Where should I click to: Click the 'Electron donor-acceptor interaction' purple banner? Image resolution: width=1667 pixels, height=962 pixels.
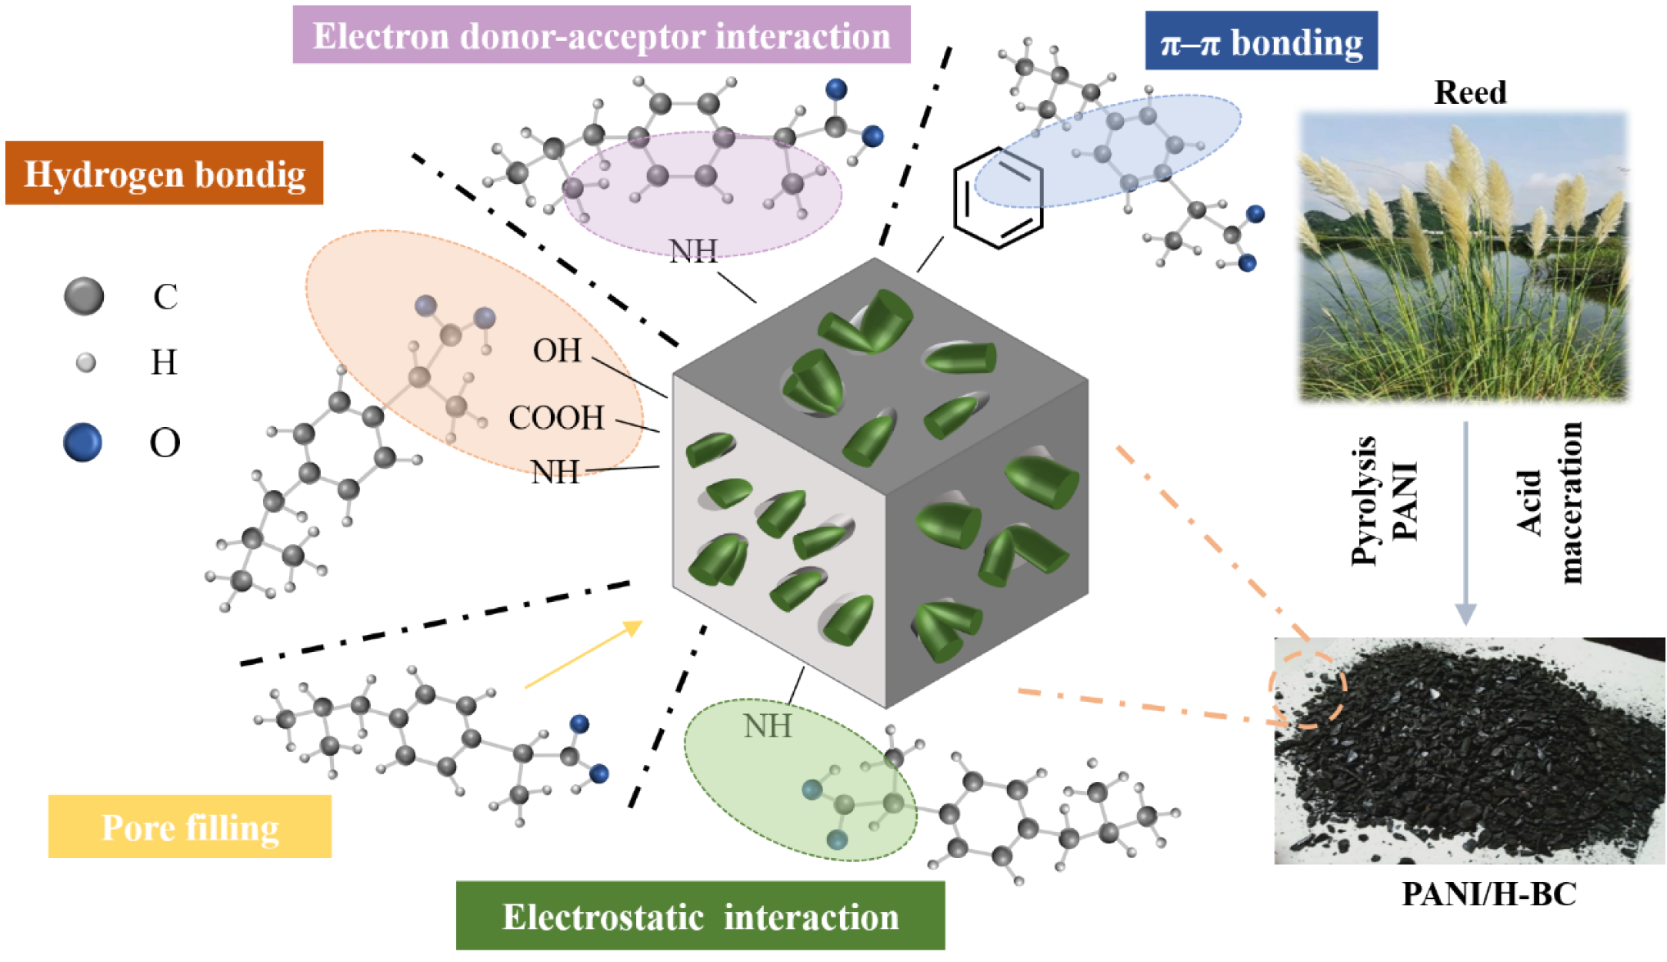[602, 35]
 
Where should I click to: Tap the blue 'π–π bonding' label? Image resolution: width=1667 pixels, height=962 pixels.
[1261, 42]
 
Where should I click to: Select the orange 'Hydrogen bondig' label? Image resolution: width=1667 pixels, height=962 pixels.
[164, 173]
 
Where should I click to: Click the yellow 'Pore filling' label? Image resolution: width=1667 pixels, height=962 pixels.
[190, 827]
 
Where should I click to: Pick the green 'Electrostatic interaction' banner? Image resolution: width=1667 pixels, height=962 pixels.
[700, 916]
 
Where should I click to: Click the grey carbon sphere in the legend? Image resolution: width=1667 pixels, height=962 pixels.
[84, 296]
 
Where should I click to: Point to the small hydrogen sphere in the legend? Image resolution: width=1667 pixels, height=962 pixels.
[86, 362]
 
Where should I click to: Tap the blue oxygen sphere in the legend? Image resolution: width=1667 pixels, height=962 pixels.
[82, 443]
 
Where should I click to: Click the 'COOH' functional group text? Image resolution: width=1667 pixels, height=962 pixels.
[556, 418]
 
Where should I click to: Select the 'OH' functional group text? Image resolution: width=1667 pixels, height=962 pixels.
[557, 351]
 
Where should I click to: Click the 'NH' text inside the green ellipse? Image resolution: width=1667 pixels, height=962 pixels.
[767, 726]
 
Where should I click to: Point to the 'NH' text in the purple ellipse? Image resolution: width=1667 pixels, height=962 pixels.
[693, 251]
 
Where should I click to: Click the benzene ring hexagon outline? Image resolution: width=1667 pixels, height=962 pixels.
[998, 198]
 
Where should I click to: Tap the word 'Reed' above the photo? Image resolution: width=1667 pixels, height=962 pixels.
[1470, 92]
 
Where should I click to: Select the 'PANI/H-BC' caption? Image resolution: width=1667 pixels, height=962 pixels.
[1489, 894]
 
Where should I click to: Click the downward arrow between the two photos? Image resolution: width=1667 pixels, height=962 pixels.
[1465, 523]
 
